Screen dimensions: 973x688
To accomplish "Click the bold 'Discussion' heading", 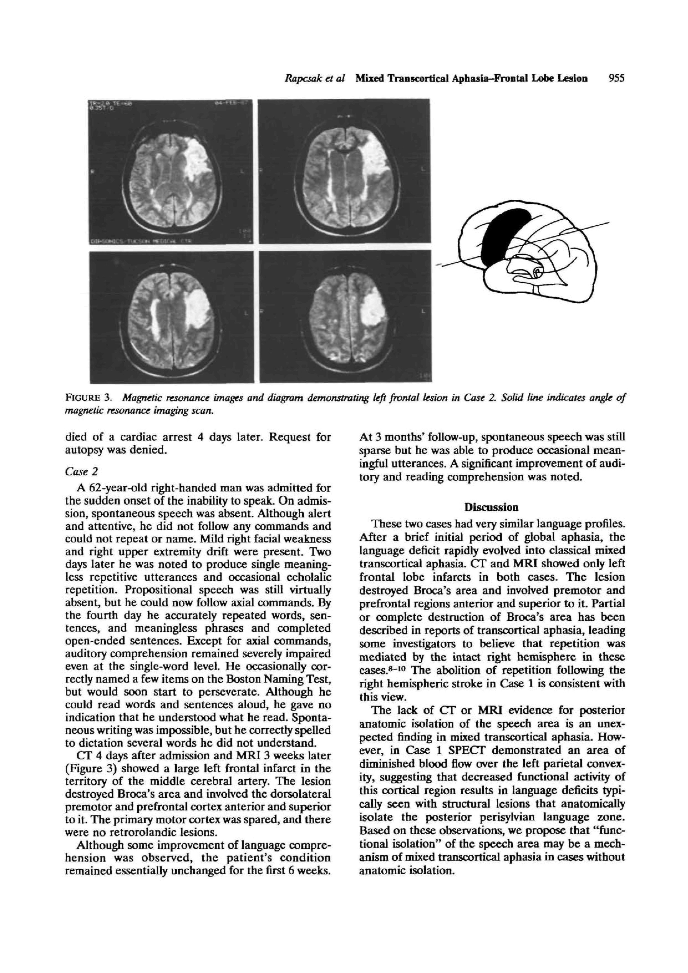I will (x=491, y=507).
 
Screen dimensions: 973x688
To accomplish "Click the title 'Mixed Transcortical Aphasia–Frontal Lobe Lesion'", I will (x=471, y=79).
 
